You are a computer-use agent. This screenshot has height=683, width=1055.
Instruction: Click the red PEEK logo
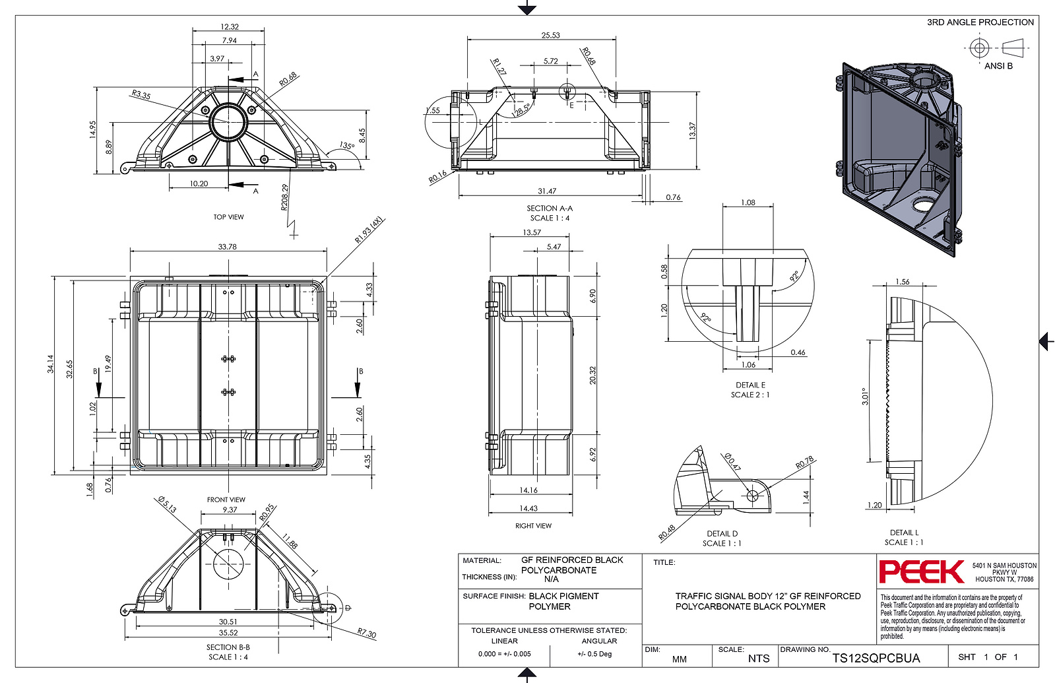(x=922, y=571)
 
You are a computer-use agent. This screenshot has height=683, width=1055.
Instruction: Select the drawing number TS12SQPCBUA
(x=876, y=658)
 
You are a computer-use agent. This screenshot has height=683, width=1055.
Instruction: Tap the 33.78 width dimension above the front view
(x=228, y=246)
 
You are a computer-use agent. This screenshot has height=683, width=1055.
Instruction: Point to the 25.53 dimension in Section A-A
(x=550, y=35)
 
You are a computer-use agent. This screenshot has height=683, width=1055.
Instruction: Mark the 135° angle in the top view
(x=347, y=146)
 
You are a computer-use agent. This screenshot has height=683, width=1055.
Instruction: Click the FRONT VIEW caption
(x=226, y=500)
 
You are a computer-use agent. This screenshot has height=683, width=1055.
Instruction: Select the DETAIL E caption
(x=750, y=385)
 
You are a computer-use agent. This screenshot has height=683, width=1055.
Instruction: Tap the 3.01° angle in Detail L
(x=865, y=396)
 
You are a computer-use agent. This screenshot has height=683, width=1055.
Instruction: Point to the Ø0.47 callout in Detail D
(x=732, y=462)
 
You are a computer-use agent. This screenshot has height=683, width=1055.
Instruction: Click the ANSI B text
(x=998, y=66)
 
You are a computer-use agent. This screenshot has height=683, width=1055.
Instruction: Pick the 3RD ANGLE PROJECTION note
(x=980, y=22)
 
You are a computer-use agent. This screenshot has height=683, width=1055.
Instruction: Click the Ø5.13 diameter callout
(x=167, y=505)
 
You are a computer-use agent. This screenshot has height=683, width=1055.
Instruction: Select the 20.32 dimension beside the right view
(x=592, y=375)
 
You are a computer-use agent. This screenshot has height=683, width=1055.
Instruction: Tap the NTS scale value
(x=758, y=659)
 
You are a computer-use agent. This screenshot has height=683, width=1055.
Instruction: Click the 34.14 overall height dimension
(x=50, y=364)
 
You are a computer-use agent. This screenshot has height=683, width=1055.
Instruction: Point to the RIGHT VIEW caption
(x=533, y=526)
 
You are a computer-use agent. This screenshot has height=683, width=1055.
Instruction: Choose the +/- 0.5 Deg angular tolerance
(x=594, y=654)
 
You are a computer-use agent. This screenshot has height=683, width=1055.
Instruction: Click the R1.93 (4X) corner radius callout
(x=369, y=230)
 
